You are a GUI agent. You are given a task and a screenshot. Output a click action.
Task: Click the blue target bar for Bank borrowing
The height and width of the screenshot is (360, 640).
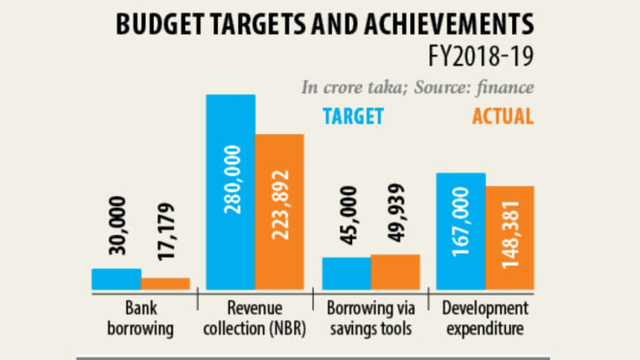click(x=116, y=279)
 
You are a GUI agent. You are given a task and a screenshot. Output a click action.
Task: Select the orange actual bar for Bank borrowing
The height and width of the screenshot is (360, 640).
click(x=165, y=283)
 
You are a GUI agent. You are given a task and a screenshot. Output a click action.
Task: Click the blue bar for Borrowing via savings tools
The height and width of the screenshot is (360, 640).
click(x=346, y=273)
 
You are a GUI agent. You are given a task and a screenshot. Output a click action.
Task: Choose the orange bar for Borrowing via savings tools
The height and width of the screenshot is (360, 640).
click(x=395, y=271)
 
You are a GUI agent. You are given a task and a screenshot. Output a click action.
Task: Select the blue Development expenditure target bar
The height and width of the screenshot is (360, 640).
click(x=461, y=231)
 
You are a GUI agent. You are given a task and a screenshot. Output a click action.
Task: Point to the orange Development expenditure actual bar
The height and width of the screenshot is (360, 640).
click(x=510, y=237)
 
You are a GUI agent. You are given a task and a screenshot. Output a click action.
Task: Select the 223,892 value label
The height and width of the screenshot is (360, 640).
click(x=280, y=205)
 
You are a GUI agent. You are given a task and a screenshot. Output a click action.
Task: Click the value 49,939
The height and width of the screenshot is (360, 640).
click(x=394, y=216)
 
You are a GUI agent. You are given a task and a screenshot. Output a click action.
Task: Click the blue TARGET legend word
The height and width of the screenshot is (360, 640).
click(x=353, y=116)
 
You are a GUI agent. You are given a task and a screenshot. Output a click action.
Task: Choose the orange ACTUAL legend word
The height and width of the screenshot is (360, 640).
click(x=502, y=116)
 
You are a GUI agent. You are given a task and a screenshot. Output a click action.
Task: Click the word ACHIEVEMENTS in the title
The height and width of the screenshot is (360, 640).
click(x=446, y=24)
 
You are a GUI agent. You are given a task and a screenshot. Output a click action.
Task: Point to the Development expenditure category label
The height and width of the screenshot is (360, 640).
click(x=484, y=317)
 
